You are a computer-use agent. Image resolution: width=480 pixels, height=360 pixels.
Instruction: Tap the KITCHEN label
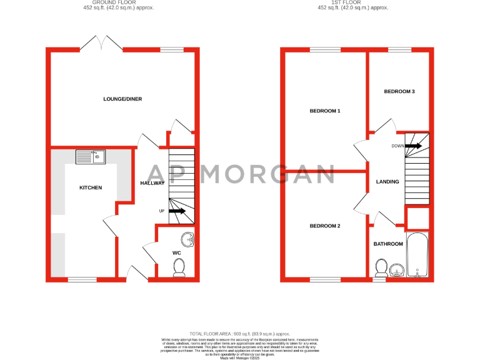(90, 187)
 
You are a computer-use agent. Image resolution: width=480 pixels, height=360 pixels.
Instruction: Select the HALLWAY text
(152, 183)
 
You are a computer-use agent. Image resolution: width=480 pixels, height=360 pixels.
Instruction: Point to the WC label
(177, 253)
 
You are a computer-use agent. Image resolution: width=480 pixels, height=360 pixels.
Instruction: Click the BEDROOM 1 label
(325, 111)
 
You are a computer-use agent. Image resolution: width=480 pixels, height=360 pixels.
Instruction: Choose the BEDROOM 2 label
(325, 226)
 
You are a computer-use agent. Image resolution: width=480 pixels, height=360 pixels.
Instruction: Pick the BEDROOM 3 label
(399, 92)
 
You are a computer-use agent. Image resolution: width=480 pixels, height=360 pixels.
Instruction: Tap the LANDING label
(387, 182)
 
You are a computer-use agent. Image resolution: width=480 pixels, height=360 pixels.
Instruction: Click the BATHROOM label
(387, 244)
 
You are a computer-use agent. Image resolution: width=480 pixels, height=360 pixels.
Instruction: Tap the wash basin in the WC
(187, 239)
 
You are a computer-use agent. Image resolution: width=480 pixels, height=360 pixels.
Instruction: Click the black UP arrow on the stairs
(177, 211)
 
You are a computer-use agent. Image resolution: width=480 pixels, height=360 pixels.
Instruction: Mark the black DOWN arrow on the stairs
(414, 146)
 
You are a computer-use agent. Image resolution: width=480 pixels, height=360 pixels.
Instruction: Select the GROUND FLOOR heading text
(119, 2)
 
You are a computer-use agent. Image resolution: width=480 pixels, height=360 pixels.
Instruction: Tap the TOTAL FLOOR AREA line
(240, 334)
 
